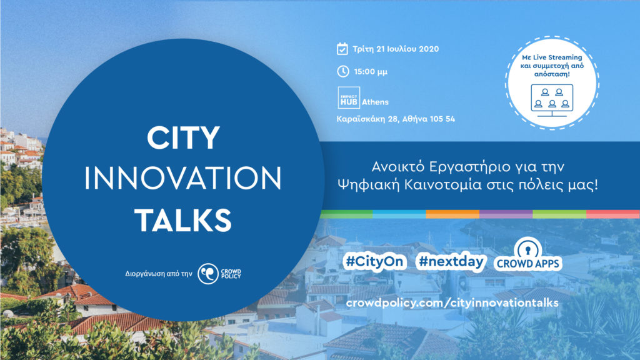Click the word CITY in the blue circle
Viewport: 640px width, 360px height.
pos(183,137)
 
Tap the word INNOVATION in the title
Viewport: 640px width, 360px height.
pos(183,178)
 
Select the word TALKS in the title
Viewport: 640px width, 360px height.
pos(183,220)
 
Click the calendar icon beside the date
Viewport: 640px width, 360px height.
pos(342,49)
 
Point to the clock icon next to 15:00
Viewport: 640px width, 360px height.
pos(343,71)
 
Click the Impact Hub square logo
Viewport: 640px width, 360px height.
pos(349,97)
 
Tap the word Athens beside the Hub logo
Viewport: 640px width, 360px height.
pos(375,102)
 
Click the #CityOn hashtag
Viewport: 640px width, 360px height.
pos(374,261)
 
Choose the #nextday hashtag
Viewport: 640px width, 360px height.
pos(451,261)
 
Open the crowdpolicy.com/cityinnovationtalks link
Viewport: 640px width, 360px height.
pos(452,303)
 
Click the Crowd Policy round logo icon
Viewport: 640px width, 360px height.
pos(208,274)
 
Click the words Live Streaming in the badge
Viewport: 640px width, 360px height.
pos(557,57)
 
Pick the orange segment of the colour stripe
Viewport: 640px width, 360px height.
pos(452,214)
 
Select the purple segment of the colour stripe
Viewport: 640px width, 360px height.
pos(506,214)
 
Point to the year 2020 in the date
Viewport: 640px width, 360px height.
pos(429,49)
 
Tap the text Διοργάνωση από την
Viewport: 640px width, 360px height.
pos(158,274)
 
